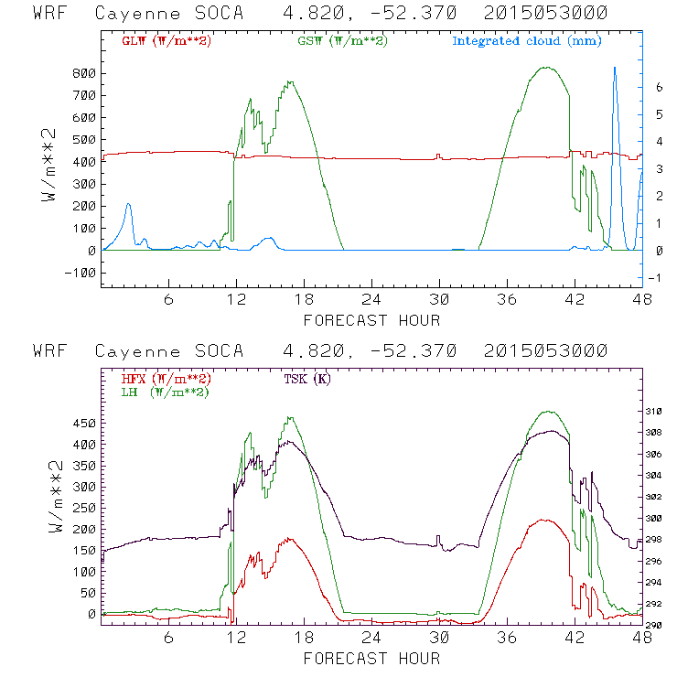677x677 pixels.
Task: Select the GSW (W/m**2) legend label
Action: coord(342,41)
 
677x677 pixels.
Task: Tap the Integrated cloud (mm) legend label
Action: coord(527,41)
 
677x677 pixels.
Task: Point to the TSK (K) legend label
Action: coord(308,379)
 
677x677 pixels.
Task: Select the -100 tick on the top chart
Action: coord(79,273)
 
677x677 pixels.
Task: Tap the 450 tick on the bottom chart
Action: coord(82,424)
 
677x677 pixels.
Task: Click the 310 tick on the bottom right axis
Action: coord(660,412)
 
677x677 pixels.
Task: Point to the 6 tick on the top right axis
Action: coord(658,87)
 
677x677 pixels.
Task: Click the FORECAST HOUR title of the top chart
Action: coord(371,320)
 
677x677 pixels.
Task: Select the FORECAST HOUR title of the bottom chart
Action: coord(371,658)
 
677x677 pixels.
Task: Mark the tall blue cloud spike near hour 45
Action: coord(615,69)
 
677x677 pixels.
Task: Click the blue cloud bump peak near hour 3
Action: coord(129,204)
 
